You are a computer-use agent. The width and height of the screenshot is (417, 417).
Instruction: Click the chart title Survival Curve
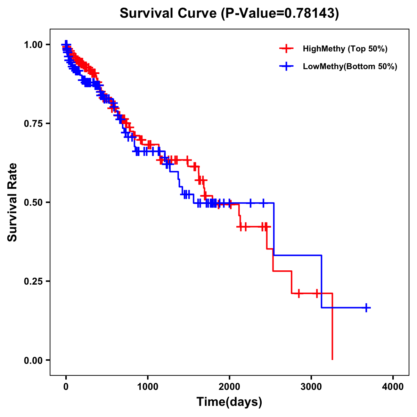pyautogui.click(x=169, y=13)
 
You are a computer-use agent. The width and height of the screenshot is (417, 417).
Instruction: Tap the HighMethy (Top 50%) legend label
pyautogui.click(x=345, y=49)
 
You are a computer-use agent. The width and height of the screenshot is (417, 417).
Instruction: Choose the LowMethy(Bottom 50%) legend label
pyautogui.click(x=350, y=66)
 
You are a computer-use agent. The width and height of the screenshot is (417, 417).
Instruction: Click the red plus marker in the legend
pyautogui.click(x=286, y=49)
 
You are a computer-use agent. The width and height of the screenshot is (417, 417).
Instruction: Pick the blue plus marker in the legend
pyautogui.click(x=286, y=66)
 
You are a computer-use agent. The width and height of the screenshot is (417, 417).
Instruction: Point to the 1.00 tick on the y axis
pyautogui.click(x=33, y=45)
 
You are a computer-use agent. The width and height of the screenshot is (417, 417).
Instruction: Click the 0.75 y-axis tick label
pyautogui.click(x=33, y=124)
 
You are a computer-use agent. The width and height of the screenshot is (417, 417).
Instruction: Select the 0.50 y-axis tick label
pyautogui.click(x=33, y=203)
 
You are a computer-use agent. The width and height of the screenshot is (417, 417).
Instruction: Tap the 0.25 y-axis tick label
pyautogui.click(x=33, y=281)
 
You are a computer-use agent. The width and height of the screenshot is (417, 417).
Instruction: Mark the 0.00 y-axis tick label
pyautogui.click(x=33, y=360)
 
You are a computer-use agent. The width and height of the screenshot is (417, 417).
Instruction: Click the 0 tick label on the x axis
pyautogui.click(x=66, y=387)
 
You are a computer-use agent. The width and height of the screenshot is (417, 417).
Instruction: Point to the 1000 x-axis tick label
pyautogui.click(x=148, y=387)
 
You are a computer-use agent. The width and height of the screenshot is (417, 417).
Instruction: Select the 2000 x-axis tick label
pyautogui.click(x=229, y=387)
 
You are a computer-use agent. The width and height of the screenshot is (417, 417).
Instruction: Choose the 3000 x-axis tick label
pyautogui.click(x=311, y=387)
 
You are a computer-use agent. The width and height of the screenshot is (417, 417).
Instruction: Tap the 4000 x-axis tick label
pyautogui.click(x=393, y=387)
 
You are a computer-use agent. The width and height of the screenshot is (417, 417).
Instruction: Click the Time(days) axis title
pyautogui.click(x=229, y=402)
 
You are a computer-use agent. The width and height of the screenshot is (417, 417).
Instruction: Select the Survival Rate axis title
pyautogui.click(x=13, y=202)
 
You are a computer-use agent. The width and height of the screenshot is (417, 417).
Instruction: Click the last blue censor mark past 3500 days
pyautogui.click(x=366, y=308)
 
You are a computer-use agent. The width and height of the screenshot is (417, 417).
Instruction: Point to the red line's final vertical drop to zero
pyautogui.click(x=333, y=327)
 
